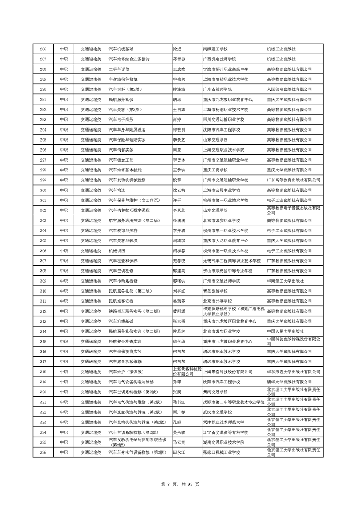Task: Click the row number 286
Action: pos(44,49)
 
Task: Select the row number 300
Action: pos(44,190)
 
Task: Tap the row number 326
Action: pos(44,452)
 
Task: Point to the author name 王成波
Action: pos(179,69)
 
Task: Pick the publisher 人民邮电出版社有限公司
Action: pos(289,89)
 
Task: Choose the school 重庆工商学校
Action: pos(215,170)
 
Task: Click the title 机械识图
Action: pos(117,251)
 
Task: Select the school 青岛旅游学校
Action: pos(215,291)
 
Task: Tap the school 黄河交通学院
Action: pos(215,392)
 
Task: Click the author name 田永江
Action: pos(179,452)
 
